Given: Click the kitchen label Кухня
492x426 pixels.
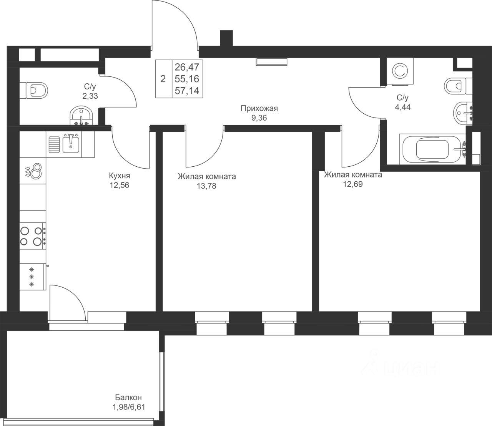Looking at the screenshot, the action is [x=120, y=176].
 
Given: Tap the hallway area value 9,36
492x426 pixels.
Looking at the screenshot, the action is [x=259, y=118].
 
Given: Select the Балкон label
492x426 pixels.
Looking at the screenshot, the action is [x=128, y=397].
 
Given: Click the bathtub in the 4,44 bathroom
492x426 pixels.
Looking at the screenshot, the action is [x=433, y=149].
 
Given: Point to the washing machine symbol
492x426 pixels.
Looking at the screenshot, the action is [x=401, y=71].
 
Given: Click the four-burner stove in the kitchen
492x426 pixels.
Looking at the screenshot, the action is [x=33, y=236].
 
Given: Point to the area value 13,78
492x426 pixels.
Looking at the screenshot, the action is [x=206, y=186].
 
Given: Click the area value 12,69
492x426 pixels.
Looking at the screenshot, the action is [x=353, y=184].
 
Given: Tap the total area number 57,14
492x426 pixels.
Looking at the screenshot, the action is [x=187, y=91].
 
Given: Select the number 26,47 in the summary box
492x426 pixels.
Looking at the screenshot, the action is [x=187, y=67].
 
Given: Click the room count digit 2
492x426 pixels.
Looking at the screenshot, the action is [x=163, y=79].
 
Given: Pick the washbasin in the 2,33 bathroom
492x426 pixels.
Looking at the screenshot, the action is [x=81, y=116].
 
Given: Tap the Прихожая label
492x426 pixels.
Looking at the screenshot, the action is [x=259, y=108].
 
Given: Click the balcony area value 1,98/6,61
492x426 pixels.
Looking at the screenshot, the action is [x=129, y=407].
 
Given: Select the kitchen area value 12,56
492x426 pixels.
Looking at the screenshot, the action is [x=119, y=185].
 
